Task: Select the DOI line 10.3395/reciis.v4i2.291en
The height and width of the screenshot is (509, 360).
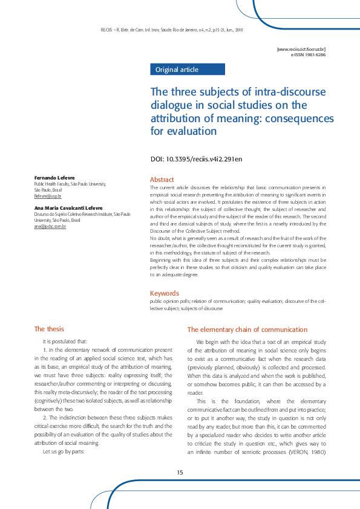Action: pyautogui.click(x=196, y=160)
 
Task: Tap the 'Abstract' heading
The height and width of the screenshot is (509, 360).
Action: pyautogui.click(x=162, y=180)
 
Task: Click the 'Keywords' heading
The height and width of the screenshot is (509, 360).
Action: pyautogui.click(x=165, y=293)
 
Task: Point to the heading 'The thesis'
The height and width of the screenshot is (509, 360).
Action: pyautogui.click(x=49, y=329)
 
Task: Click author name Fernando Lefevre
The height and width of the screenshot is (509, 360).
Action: pyautogui.click(x=54, y=178)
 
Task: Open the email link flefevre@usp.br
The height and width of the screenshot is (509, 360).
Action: pyautogui.click(x=48, y=196)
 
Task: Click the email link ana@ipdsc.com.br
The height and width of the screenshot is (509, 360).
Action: pyautogui.click(x=50, y=226)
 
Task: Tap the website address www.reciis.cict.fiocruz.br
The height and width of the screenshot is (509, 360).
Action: pyautogui.click(x=301, y=48)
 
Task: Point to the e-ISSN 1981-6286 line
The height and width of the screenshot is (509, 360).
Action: pyautogui.click(x=308, y=54)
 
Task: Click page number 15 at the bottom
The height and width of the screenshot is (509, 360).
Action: pyautogui.click(x=180, y=472)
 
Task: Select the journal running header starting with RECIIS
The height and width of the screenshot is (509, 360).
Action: pyautogui.click(x=171, y=30)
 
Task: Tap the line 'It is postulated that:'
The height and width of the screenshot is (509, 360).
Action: pyautogui.click(x=65, y=342)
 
